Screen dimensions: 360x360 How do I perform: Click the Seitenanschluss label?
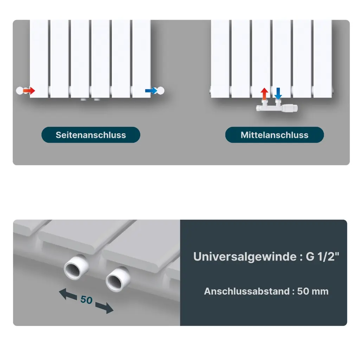click(91, 135)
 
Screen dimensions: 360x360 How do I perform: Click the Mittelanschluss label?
click(274, 135)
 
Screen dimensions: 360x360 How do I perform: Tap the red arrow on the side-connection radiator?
click(29, 91)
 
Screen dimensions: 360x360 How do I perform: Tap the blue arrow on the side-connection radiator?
click(151, 91)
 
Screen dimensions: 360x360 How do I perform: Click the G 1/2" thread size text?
click(322, 256)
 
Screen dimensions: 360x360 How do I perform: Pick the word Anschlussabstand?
click(247, 291)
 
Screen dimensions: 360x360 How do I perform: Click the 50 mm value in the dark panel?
click(313, 291)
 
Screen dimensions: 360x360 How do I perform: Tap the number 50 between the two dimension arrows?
click(86, 300)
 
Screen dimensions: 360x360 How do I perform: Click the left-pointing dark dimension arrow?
click(68, 294)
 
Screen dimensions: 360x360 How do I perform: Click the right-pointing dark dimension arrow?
click(104, 308)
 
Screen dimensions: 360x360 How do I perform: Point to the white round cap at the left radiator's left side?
click(20, 91)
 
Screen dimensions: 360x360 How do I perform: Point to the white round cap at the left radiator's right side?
click(160, 91)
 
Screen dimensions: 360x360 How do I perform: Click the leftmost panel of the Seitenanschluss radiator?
click(39, 59)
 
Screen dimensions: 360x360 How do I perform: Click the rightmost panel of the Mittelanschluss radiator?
click(323, 59)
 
